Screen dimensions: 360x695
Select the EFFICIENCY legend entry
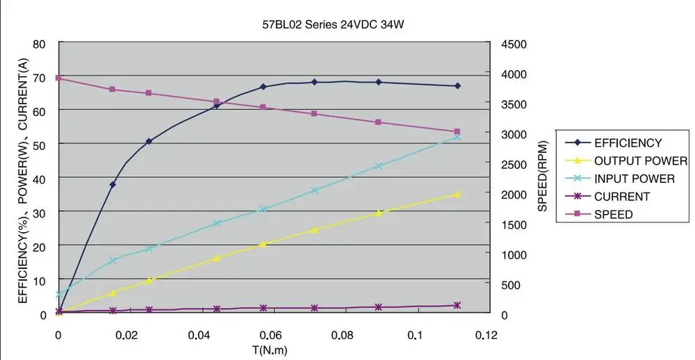pyautogui.click(x=628, y=143)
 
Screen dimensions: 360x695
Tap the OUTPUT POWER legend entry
pyautogui.click(x=640, y=161)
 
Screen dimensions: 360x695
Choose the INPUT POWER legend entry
pyautogui.click(x=634, y=179)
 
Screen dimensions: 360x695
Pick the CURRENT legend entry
pyautogui.click(x=622, y=197)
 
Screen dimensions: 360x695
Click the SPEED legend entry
pyautogui.click(x=614, y=215)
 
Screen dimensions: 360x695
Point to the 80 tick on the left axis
pyautogui.click(x=39, y=44)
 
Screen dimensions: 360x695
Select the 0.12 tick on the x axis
pyautogui.click(x=487, y=335)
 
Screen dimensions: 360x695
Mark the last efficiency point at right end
pyautogui.click(x=457, y=86)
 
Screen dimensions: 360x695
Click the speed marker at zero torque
pyautogui.click(x=58, y=78)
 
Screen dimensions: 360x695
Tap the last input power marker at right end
pyautogui.click(x=457, y=137)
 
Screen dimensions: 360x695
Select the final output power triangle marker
pyautogui.click(x=457, y=195)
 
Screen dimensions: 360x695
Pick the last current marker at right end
pyautogui.click(x=457, y=305)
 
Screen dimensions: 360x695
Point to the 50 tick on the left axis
pyautogui.click(x=39, y=144)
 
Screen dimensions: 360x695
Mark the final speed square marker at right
pyautogui.click(x=457, y=131)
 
